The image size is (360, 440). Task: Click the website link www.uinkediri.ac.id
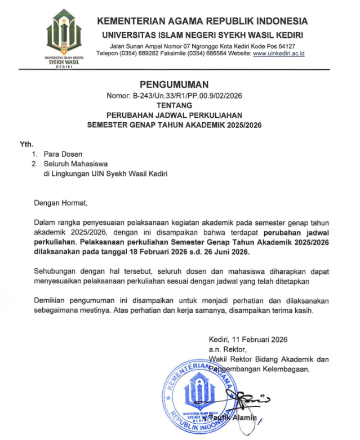pyautogui.click(x=279, y=54)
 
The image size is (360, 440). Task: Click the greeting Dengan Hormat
pyautogui.click(x=61, y=202)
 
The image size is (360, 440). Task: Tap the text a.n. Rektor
pyautogui.click(x=224, y=349)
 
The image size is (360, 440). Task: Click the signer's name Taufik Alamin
pyautogui.click(x=234, y=417)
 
